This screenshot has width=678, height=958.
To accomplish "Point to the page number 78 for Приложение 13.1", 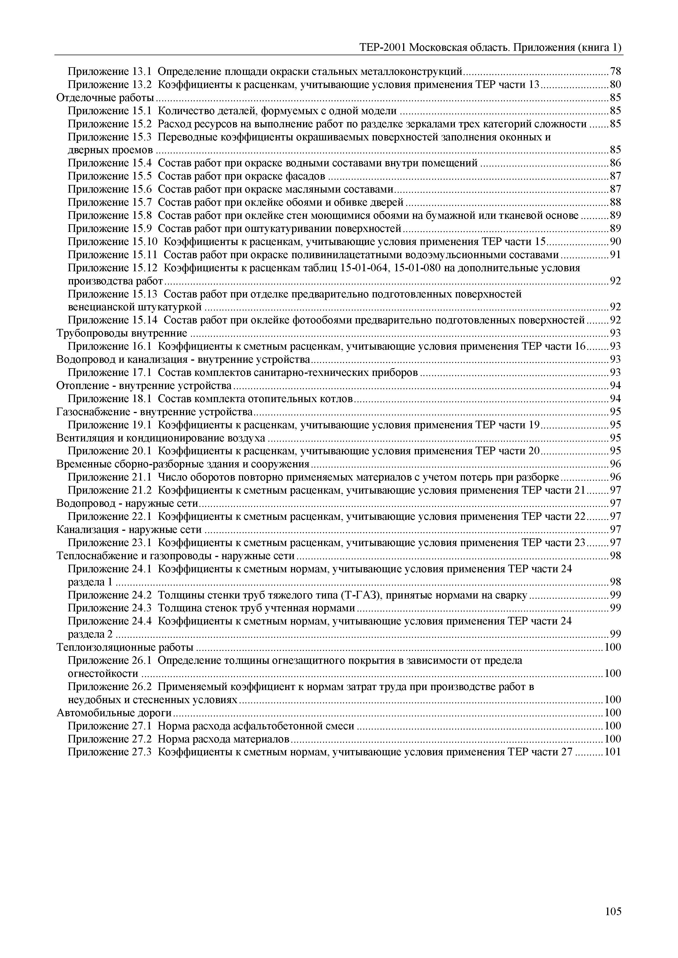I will [615, 71].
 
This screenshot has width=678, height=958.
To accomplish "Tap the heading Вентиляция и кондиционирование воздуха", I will [161, 438].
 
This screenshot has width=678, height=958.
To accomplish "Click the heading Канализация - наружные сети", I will [129, 529].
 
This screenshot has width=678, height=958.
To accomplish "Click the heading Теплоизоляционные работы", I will [125, 647].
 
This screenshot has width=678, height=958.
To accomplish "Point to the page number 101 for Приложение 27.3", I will [613, 752].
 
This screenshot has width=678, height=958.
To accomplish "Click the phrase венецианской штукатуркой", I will [135, 307].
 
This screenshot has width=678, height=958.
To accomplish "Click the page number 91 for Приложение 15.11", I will [615, 255].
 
